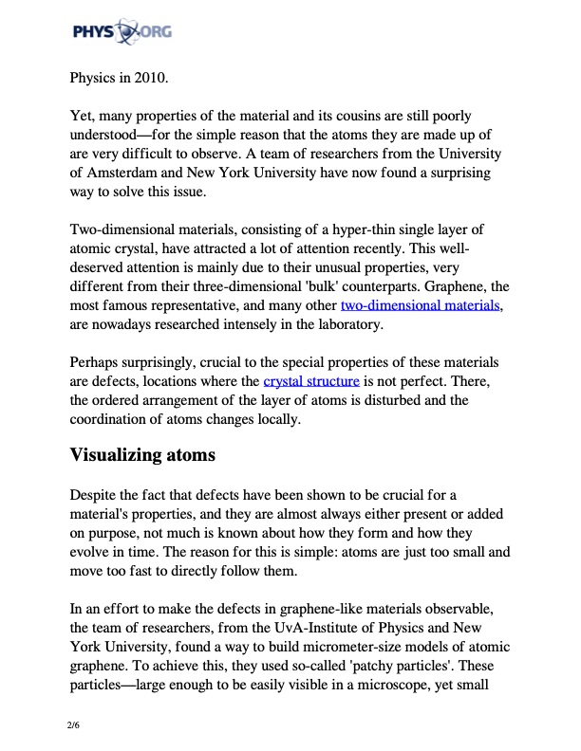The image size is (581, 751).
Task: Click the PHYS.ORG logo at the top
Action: tap(121, 35)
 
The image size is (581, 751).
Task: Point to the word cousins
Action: tap(330, 116)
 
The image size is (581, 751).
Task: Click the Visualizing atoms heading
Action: tap(143, 455)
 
